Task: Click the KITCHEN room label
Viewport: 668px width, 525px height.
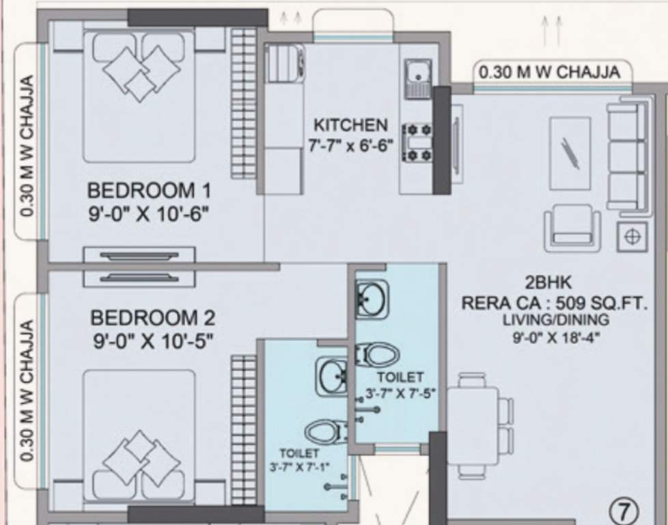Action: [x=350, y=125]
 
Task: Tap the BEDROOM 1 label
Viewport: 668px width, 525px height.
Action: [x=149, y=189]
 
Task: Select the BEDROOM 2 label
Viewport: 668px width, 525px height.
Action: [x=152, y=318]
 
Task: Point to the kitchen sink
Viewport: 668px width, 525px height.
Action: [x=416, y=71]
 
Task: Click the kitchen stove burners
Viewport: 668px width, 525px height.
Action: [x=417, y=142]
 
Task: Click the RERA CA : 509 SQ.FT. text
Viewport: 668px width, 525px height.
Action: [x=553, y=303]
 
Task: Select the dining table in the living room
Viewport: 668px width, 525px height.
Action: [x=473, y=425]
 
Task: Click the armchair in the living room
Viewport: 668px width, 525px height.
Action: [x=572, y=227]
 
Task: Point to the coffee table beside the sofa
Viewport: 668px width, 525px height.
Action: [x=569, y=153]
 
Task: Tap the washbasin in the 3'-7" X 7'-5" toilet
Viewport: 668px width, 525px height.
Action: [x=372, y=299]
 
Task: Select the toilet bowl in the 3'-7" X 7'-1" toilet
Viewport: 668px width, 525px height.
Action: [x=326, y=431]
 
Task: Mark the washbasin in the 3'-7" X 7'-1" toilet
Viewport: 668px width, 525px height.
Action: [x=332, y=375]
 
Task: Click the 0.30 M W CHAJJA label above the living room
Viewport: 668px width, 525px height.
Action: [x=549, y=72]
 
